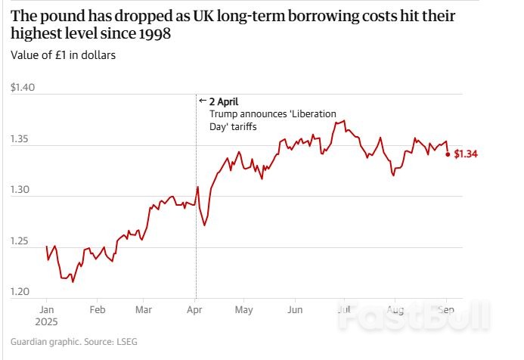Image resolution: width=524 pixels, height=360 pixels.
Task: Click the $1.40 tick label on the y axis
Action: (23, 88)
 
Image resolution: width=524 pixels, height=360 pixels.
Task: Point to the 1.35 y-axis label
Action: (22, 139)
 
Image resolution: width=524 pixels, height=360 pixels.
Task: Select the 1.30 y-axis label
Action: (22, 190)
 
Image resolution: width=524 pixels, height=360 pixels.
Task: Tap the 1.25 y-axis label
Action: (22, 241)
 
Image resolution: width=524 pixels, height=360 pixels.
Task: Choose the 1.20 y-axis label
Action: (22, 292)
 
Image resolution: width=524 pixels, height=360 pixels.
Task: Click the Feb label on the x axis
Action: (96, 309)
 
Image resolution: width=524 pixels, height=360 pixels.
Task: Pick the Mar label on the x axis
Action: (144, 309)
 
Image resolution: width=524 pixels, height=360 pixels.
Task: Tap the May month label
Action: (243, 309)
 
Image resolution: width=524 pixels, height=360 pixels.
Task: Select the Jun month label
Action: (296, 309)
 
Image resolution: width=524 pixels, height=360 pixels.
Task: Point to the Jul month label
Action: (345, 309)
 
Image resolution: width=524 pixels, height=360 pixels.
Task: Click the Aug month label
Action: (395, 309)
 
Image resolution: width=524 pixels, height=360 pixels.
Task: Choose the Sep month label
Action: (445, 309)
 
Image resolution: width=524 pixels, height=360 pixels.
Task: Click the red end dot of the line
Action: (448, 154)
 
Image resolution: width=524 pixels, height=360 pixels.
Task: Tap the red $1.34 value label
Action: (466, 154)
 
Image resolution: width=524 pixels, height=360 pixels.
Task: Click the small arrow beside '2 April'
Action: (202, 101)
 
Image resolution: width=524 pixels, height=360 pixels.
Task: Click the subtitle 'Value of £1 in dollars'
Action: (63, 54)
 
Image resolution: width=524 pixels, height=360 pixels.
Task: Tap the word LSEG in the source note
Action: (126, 342)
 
